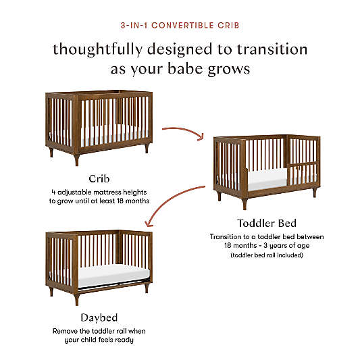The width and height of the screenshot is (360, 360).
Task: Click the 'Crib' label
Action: click(x=99, y=178)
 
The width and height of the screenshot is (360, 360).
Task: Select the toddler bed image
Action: click(x=266, y=165)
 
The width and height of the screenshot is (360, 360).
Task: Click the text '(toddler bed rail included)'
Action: click(x=266, y=255)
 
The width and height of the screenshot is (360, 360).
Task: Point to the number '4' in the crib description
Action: click(x=53, y=191)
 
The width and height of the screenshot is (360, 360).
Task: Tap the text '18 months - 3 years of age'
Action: click(x=266, y=246)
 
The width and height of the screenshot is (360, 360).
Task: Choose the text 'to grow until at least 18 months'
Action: click(x=99, y=201)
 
